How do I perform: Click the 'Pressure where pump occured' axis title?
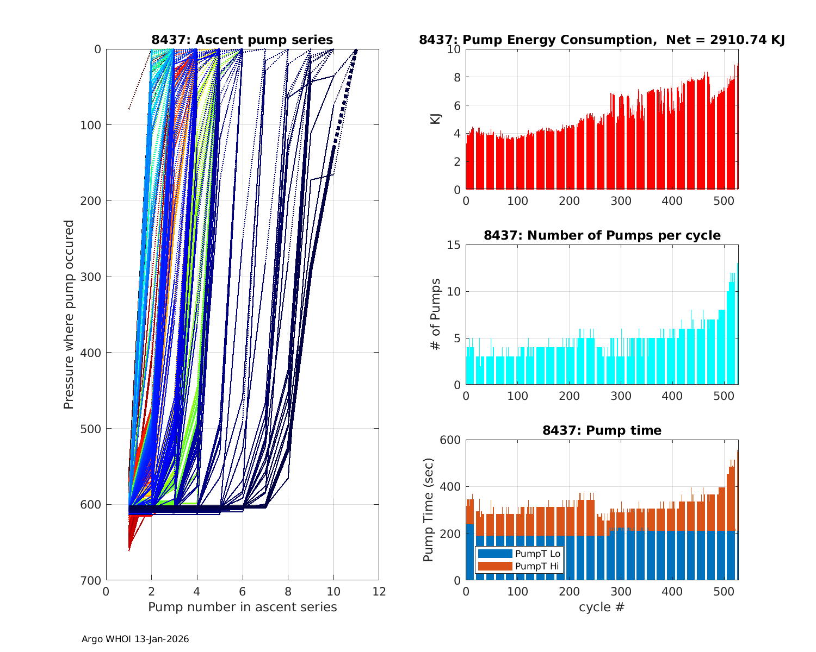click(x=69, y=315)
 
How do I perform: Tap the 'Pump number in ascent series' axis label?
click(x=242, y=607)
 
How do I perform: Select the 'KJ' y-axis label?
click(x=436, y=119)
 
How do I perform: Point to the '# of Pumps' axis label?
click(x=436, y=315)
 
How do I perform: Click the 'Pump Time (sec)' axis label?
click(x=429, y=510)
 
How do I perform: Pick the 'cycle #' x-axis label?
click(x=602, y=607)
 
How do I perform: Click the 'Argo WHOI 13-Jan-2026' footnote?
click(x=135, y=639)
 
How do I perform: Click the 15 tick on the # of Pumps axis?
click(x=454, y=245)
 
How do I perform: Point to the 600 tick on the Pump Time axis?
click(x=450, y=440)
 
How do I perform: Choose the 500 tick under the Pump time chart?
click(x=724, y=592)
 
